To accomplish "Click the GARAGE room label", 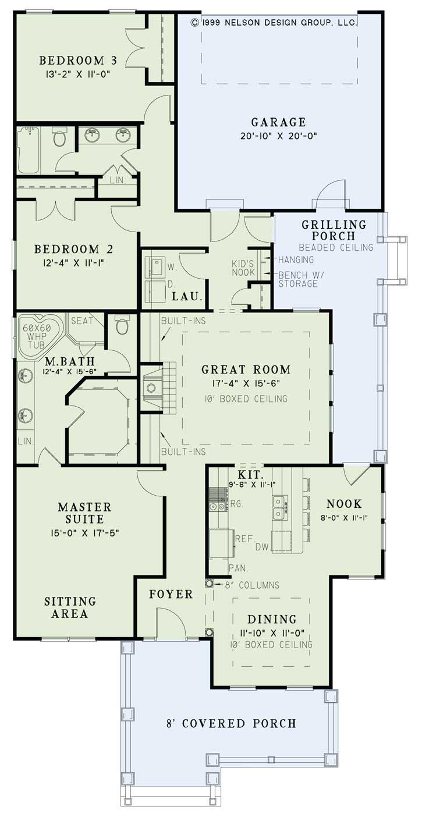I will coord(278,122).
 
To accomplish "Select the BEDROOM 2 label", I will coord(73,249).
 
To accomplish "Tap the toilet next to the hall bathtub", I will coord(59,137).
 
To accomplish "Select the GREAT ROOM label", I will coord(246,369).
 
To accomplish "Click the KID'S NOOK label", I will coord(244,268).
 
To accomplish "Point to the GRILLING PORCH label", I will coord(334,230).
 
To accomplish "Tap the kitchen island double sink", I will coord(279,506).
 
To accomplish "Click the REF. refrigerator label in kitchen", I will coord(243,539).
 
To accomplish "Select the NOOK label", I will coord(344,504).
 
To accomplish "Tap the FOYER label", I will coord(171,594).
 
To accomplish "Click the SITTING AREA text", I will coord(69,607).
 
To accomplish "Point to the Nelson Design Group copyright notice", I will coord(274,22).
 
